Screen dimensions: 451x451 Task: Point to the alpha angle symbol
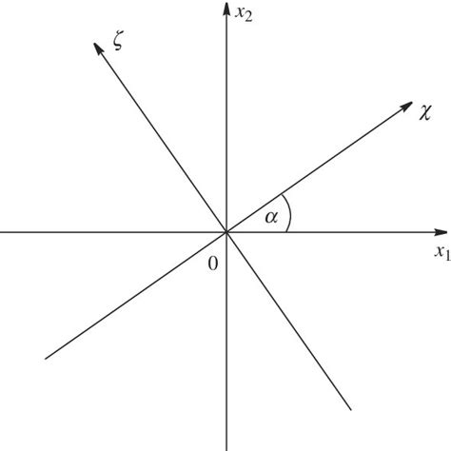[271, 218]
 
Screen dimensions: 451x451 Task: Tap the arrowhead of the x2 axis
[226, 9]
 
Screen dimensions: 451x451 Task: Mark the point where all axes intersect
[226, 231]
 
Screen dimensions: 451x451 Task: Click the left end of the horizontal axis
[2, 231]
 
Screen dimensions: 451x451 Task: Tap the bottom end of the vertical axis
[226, 448]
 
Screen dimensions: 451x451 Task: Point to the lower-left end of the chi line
[46, 358]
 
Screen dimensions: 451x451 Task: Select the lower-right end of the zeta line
[351, 410]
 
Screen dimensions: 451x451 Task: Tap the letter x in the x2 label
[242, 11]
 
